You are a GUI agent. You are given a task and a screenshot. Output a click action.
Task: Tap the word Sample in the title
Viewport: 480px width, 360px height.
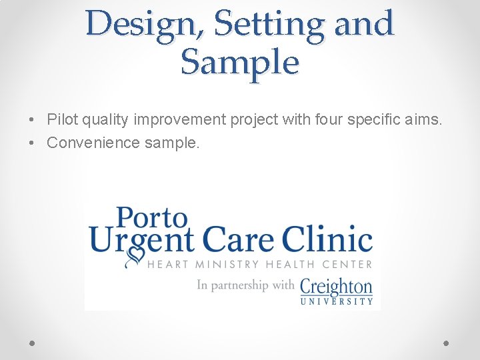(x=240, y=63)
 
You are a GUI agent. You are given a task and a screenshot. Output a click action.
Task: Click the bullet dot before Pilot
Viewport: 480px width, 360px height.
(x=32, y=120)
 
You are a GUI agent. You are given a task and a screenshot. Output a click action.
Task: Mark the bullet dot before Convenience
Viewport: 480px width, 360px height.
(x=32, y=143)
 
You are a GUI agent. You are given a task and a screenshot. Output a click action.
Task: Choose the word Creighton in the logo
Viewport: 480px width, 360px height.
(x=336, y=286)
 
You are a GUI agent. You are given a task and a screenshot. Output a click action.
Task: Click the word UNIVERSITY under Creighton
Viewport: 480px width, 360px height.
(x=337, y=301)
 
